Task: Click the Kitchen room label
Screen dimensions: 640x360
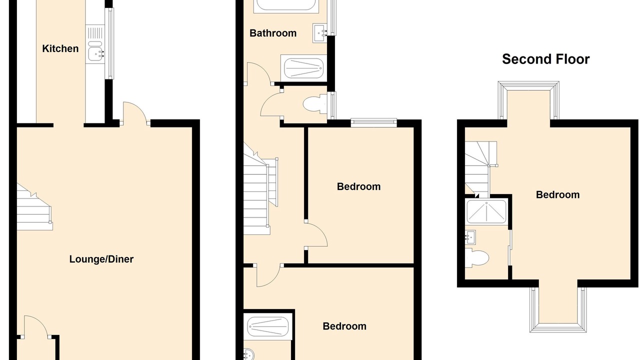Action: coord(60,48)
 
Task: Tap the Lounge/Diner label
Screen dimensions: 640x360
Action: coord(101,259)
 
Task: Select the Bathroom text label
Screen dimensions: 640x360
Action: coord(273,33)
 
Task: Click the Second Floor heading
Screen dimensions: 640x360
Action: coord(545,59)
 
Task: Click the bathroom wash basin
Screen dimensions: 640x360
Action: coord(320,33)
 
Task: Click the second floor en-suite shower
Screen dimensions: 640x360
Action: coord(486,211)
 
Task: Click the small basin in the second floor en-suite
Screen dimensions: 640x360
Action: coord(470,237)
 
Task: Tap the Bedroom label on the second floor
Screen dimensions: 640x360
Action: coord(557,195)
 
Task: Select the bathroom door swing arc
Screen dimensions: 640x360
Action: coord(258,73)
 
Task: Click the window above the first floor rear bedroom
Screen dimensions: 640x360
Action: coord(373,123)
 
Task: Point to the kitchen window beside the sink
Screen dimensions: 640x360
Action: coord(109,43)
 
